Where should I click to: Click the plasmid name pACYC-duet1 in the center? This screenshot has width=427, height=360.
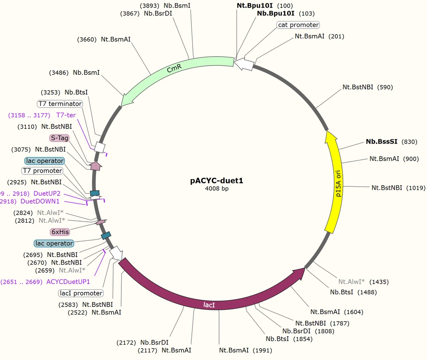[x=217, y=181]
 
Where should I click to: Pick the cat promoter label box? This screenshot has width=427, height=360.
[x=298, y=25]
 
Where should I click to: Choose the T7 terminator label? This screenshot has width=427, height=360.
[x=60, y=104]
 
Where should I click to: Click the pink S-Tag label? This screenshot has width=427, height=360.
[x=59, y=138]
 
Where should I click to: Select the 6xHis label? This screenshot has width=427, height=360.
[x=59, y=231]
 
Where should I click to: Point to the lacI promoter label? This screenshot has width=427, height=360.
[x=81, y=293]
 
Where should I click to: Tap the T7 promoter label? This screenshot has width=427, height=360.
[x=42, y=171]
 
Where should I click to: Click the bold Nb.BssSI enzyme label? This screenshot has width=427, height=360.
[x=382, y=142]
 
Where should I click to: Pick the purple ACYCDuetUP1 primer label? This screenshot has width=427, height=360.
[x=68, y=282]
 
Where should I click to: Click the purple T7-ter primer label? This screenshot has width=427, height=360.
[x=66, y=115]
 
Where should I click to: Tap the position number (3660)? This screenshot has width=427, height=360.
[x=87, y=39]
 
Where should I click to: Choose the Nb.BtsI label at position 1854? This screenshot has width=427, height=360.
[x=277, y=339]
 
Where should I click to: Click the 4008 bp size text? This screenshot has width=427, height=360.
[x=217, y=189]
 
